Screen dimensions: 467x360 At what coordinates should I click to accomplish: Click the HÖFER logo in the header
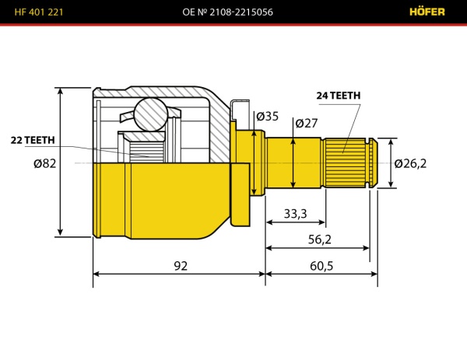(427, 12)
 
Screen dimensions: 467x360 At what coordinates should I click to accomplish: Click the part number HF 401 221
(39, 12)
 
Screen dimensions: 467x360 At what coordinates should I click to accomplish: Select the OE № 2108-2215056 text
(227, 12)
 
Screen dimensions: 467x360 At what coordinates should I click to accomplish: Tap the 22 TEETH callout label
(33, 140)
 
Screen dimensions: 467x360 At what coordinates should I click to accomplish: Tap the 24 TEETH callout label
(339, 96)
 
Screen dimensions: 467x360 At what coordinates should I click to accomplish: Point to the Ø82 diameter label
(44, 163)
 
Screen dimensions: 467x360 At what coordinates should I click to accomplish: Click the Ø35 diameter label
(267, 117)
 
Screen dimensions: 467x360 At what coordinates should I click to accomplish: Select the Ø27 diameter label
(307, 123)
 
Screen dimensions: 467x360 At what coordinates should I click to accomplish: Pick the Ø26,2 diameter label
(410, 163)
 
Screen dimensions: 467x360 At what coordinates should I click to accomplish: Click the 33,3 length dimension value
(295, 214)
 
